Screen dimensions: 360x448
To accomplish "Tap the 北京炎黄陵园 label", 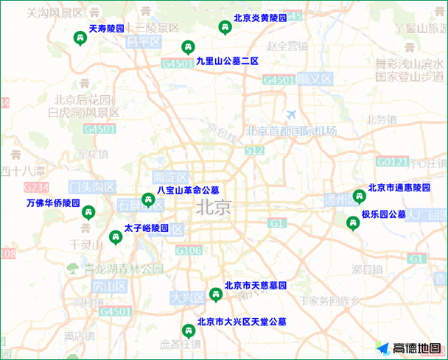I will click(259, 18).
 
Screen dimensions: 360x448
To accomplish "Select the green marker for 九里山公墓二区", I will click(188, 48).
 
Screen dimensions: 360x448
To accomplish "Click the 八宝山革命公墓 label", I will click(188, 190).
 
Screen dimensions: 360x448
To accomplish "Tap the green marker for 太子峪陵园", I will click(115, 237).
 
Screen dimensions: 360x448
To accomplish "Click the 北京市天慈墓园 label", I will click(255, 286).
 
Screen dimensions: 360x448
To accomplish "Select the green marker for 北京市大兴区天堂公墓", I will click(187, 332).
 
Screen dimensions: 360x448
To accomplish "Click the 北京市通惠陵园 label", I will click(399, 187).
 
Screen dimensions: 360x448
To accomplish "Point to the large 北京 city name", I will click(214, 208).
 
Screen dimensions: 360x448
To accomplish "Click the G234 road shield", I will click(35, 187).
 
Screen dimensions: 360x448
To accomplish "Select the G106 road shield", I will click(189, 251).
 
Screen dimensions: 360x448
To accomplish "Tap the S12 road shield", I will click(255, 150).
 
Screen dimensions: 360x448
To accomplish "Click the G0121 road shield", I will click(391, 161).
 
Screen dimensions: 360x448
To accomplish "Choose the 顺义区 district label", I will click(315, 78).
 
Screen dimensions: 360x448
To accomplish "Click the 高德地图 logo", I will click(410, 348).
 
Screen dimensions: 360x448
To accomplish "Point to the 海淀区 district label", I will click(171, 177).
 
